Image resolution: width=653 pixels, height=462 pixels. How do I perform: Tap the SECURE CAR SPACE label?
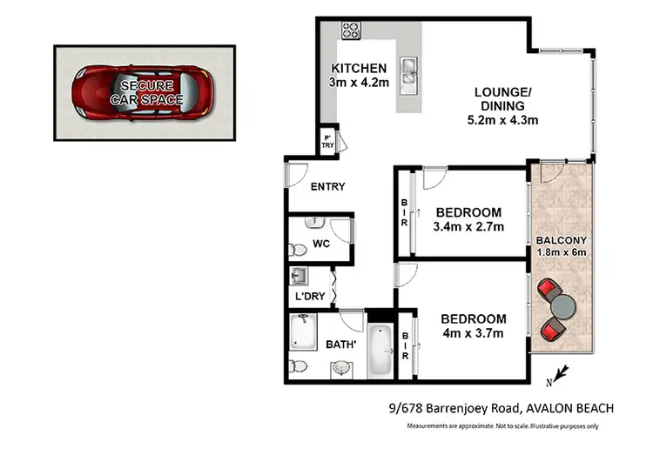click(x=146, y=93)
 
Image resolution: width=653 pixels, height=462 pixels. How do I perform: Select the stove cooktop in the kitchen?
click(x=351, y=30)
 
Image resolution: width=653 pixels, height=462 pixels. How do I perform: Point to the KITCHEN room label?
click(x=359, y=69)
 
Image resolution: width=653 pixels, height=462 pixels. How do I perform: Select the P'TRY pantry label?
click(x=328, y=142)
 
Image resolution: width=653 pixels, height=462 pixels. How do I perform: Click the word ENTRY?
click(x=327, y=186)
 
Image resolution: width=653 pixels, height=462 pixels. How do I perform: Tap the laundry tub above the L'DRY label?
click(x=298, y=278)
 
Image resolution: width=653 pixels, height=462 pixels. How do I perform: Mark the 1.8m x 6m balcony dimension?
click(x=562, y=253)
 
